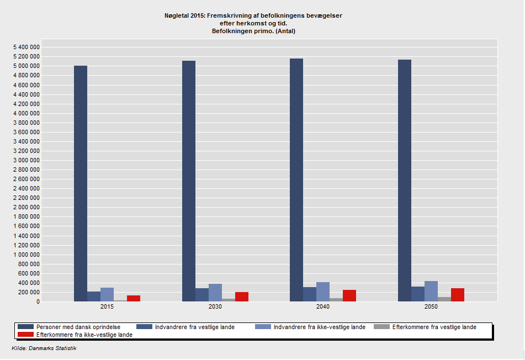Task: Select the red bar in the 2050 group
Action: tap(458, 295)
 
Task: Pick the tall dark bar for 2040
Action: tap(296, 180)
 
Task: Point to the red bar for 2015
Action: tap(134, 298)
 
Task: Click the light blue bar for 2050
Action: tap(431, 291)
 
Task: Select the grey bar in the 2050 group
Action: tap(444, 299)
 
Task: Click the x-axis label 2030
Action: tap(215, 307)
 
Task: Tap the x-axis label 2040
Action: tap(323, 307)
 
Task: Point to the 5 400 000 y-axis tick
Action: tap(26, 47)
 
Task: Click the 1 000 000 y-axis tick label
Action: tap(26, 255)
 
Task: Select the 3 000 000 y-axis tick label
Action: tap(26, 160)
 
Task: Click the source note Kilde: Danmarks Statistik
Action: tap(44, 348)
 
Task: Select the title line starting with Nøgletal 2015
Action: tap(253, 15)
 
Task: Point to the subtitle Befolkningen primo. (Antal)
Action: tap(253, 31)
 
